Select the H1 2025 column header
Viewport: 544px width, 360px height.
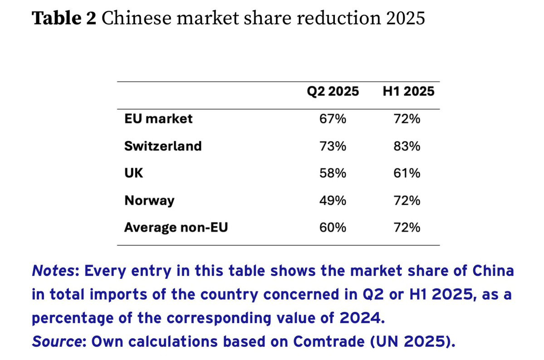(x=409, y=91)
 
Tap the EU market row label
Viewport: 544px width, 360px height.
(x=158, y=119)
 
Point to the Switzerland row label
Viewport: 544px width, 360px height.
(x=163, y=146)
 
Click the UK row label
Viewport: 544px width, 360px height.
(x=133, y=173)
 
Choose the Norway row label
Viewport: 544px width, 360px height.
(x=149, y=201)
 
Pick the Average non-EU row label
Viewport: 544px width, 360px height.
(x=176, y=227)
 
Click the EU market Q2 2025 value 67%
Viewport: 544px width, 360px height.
(x=333, y=119)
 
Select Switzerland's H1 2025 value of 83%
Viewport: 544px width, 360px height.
(x=407, y=146)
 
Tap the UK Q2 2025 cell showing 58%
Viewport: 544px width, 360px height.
(x=333, y=173)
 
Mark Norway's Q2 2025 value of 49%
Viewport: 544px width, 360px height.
(x=333, y=201)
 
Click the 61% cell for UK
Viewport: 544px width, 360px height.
(x=407, y=173)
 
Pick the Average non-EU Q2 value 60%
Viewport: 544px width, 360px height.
(x=333, y=227)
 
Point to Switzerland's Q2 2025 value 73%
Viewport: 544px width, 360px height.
(x=333, y=146)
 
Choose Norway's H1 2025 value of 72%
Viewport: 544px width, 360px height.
(x=407, y=201)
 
